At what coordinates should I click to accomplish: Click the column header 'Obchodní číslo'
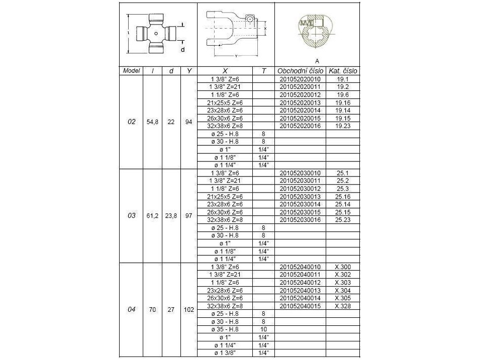pyautogui.click(x=300, y=71)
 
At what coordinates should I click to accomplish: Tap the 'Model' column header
pyautogui.click(x=132, y=71)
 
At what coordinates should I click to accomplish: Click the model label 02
pyautogui.click(x=132, y=122)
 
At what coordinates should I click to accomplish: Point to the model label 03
pyautogui.click(x=132, y=215)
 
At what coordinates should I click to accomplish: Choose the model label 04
pyautogui.click(x=132, y=309)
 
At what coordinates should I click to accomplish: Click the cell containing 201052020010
pyautogui.click(x=300, y=79)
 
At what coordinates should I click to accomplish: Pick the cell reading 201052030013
pyautogui.click(x=300, y=196)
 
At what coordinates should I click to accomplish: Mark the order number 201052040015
pyautogui.click(x=300, y=306)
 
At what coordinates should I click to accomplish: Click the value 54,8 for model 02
pyautogui.click(x=153, y=122)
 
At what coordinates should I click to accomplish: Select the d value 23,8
pyautogui.click(x=171, y=215)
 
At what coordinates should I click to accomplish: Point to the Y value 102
pyautogui.click(x=189, y=309)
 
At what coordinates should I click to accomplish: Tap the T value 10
pyautogui.click(x=263, y=329)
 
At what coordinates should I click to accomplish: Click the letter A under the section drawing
pyautogui.click(x=317, y=60)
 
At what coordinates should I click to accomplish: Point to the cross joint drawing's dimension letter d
pyautogui.click(x=182, y=49)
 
